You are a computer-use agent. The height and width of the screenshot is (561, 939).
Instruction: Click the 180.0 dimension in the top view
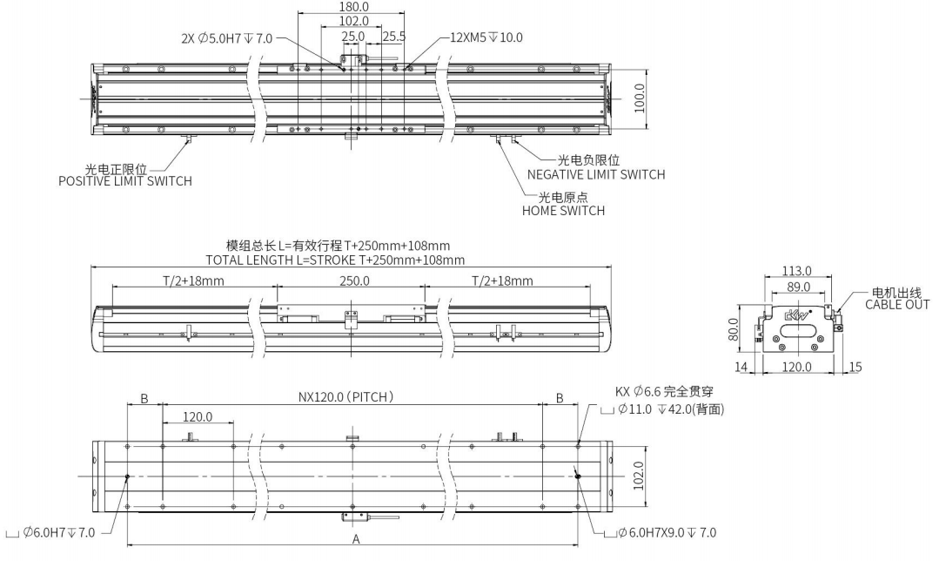[x=352, y=6]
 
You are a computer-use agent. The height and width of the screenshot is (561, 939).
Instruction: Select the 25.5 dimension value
[x=393, y=37]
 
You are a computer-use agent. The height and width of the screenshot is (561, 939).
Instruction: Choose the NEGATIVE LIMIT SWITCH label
[x=596, y=174]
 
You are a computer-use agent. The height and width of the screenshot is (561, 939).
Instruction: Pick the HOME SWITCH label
[x=563, y=211]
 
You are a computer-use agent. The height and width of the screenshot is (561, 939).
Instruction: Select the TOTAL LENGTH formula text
[x=335, y=260]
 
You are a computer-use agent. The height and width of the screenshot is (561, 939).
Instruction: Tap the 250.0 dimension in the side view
[x=352, y=280]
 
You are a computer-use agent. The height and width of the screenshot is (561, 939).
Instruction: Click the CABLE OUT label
[x=896, y=304]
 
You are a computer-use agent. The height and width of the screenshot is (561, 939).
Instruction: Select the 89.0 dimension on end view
[x=798, y=287]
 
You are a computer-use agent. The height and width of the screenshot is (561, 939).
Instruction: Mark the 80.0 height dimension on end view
[x=734, y=330]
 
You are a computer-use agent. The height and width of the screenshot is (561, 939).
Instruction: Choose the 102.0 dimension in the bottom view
[x=640, y=477]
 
